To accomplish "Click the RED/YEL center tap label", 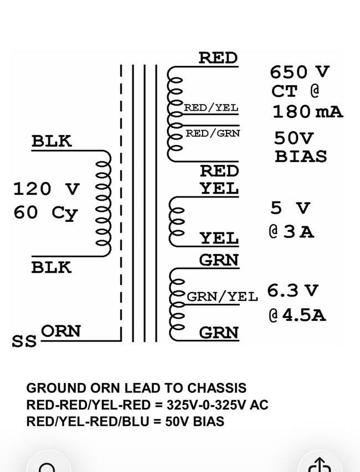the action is (211, 107).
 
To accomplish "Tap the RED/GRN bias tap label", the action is (213, 133).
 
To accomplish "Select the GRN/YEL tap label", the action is (222, 297).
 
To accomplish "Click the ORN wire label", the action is (61, 331).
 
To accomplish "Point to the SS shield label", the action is (24, 341).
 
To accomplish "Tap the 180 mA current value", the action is (307, 111).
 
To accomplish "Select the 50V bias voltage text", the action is (294, 138).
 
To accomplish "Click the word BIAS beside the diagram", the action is (301, 156).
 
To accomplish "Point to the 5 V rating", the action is (290, 208).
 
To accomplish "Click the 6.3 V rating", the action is (292, 290).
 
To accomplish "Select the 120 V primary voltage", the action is (46, 189).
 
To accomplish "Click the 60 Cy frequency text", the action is (45, 212).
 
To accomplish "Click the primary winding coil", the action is (104, 203).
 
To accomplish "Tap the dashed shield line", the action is (121, 203).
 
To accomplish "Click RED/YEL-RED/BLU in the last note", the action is (88, 422).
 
